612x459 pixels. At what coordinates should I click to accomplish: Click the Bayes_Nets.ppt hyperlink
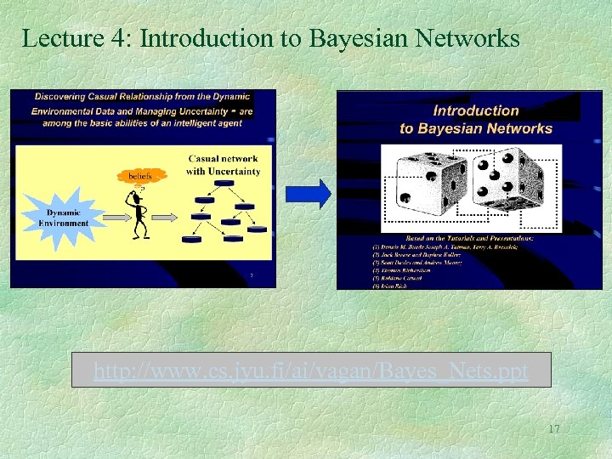pos(311,371)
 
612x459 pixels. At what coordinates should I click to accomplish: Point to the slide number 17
pos(553,429)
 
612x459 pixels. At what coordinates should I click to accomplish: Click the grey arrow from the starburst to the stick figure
pos(112,218)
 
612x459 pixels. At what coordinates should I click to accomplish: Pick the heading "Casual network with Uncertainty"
pos(224,165)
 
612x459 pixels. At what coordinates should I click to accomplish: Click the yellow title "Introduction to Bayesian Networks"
pos(476,119)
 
